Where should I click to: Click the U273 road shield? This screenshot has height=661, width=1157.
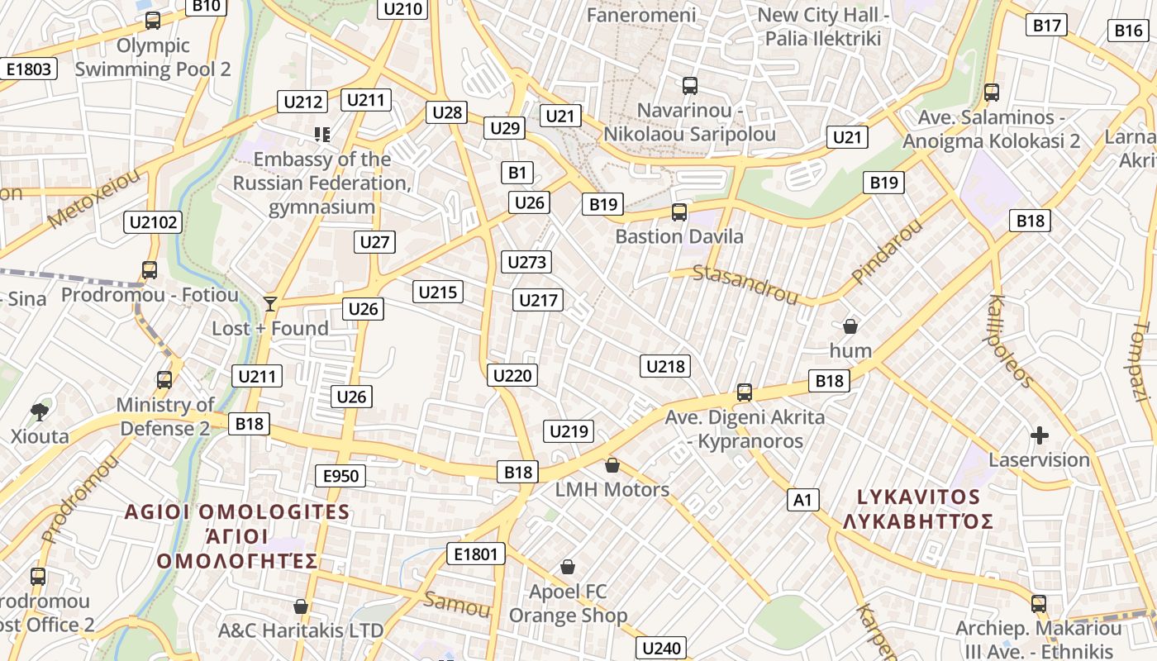(x=526, y=263)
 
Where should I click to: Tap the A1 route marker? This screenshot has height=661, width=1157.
(x=802, y=500)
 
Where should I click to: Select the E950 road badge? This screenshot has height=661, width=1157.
(x=340, y=475)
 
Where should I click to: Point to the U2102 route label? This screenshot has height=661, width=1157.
(x=154, y=221)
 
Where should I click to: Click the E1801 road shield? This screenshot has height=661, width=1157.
(x=475, y=554)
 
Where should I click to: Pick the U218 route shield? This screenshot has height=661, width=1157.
(x=665, y=366)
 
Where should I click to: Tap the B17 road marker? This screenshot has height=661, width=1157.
(x=1047, y=26)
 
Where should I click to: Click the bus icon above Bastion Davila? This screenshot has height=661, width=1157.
(x=679, y=212)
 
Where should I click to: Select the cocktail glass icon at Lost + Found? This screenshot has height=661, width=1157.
(x=270, y=304)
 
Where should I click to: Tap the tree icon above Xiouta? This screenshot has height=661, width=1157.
(x=39, y=411)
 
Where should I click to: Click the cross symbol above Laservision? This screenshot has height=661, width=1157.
(x=1040, y=435)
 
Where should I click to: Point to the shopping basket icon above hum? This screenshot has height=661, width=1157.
(x=850, y=326)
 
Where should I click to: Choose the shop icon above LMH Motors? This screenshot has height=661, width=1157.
(x=612, y=465)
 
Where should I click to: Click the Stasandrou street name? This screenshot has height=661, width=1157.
(x=745, y=284)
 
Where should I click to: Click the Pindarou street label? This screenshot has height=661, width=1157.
(x=886, y=252)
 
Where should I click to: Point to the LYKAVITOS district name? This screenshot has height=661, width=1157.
(x=918, y=497)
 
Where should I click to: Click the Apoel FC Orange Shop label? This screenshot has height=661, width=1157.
(x=568, y=603)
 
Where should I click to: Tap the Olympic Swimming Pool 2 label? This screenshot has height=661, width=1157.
(x=153, y=57)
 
